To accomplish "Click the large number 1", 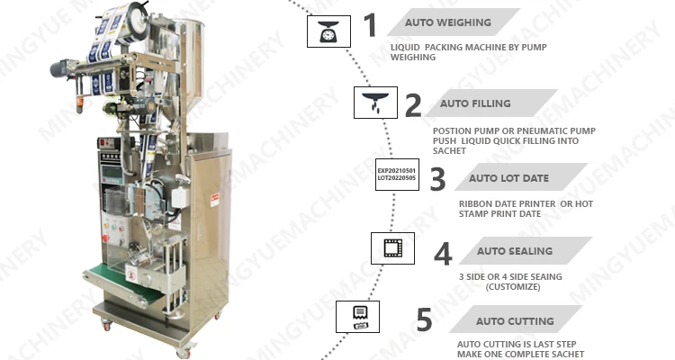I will pos(371,25).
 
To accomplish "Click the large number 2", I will pos(412,105).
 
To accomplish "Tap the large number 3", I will pos(437,178).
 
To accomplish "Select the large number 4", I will pos(443,253).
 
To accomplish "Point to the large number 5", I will pos(424,320).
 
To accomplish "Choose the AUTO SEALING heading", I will pos(514,251).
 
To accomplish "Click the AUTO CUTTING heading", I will pos(516,320).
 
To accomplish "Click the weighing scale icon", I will pos(326,31).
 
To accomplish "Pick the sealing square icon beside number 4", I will pos(392,247).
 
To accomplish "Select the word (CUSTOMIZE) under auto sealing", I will pos(513,286).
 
